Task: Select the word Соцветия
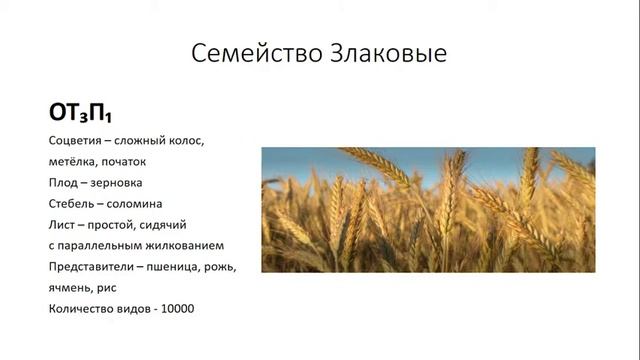tap(76, 139)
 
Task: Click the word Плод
tap(64, 182)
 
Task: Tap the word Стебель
tap(71, 203)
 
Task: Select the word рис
tap(114, 288)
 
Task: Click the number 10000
tap(174, 309)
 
